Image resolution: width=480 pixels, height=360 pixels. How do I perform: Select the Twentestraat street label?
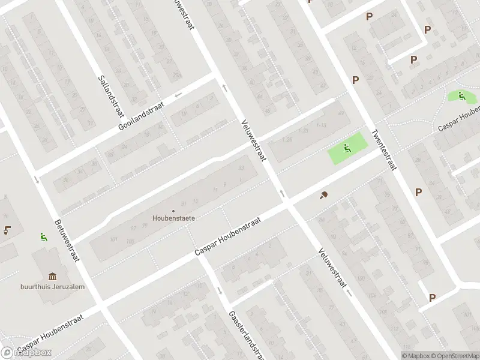[x=384, y=149]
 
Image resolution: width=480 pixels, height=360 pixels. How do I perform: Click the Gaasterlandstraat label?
[x=239, y=334]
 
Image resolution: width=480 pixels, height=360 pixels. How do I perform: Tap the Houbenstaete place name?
[x=173, y=218]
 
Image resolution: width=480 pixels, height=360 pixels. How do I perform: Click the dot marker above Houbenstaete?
[x=173, y=211]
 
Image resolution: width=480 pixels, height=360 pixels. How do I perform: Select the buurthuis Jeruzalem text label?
[x=52, y=286]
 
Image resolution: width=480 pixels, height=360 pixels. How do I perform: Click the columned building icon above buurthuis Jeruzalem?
[x=53, y=276]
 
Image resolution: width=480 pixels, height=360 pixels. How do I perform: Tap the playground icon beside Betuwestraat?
[x=43, y=236]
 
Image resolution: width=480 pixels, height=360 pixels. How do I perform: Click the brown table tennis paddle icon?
[x=325, y=195]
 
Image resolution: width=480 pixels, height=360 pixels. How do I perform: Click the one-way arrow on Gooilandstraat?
[x=178, y=95]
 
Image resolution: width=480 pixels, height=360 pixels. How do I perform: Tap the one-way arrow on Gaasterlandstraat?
[x=220, y=290]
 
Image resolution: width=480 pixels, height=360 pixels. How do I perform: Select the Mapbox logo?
[x=26, y=352]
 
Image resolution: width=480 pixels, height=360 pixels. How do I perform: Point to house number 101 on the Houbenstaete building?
[x=113, y=239]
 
